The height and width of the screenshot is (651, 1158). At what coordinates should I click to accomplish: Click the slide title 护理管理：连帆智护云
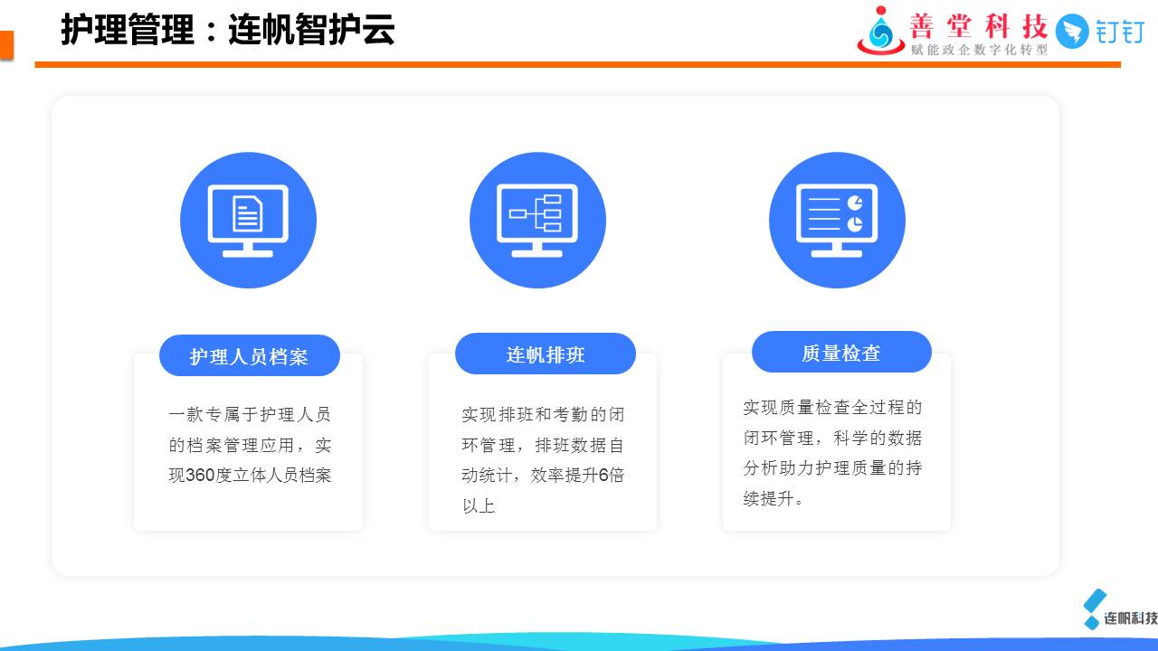click(228, 30)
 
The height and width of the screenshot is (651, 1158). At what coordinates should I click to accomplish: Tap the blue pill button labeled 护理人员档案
click(249, 355)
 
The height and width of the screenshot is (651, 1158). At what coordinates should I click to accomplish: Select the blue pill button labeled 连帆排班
click(546, 354)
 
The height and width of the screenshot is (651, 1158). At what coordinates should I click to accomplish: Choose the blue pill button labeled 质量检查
click(841, 352)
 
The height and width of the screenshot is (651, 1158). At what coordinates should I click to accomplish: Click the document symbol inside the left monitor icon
click(248, 212)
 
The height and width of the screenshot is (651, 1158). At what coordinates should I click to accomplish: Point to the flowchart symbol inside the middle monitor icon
click(536, 212)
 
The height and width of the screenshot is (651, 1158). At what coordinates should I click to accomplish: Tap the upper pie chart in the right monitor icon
click(855, 203)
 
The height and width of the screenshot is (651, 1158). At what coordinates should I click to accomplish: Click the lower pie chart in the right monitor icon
click(855, 224)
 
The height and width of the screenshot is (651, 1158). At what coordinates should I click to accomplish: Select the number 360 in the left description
click(200, 475)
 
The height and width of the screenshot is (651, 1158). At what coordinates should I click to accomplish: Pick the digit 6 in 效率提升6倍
click(603, 475)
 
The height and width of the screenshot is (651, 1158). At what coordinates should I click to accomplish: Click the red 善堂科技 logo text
click(978, 26)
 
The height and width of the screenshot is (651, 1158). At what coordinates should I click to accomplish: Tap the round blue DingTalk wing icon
click(1072, 32)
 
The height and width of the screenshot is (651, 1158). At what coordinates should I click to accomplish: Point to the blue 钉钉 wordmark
click(1119, 32)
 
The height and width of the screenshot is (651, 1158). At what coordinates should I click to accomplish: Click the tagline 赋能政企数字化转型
click(979, 50)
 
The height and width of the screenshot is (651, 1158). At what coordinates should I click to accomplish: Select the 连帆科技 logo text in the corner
click(1131, 618)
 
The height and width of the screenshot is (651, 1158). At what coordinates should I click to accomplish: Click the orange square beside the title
click(6, 45)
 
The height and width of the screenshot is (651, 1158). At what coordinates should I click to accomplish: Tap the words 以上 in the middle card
click(479, 505)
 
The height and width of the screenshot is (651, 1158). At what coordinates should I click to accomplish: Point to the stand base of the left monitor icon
click(248, 254)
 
